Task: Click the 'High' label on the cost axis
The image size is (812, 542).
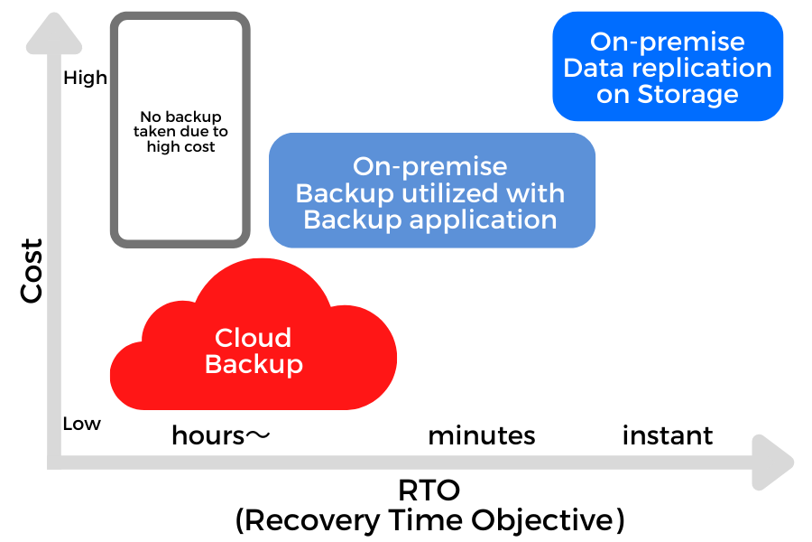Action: (85, 78)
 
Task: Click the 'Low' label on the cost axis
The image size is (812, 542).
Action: (82, 424)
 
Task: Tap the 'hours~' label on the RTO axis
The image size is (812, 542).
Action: (221, 435)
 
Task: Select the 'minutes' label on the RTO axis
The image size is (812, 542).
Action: (482, 435)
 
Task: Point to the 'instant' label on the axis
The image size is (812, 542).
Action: (668, 435)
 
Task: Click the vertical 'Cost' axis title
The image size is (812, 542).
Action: (31, 270)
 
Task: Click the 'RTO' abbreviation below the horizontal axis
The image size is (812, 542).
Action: (429, 491)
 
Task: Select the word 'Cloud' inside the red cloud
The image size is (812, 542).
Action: (254, 338)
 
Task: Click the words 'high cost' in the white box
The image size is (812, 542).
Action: (180, 146)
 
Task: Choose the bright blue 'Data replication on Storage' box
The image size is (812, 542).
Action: (668, 66)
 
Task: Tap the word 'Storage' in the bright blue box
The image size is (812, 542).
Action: (687, 94)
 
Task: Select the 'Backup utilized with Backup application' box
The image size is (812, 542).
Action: (432, 191)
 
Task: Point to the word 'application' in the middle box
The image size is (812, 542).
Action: (483, 220)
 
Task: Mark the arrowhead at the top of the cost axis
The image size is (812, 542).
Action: (54, 33)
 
